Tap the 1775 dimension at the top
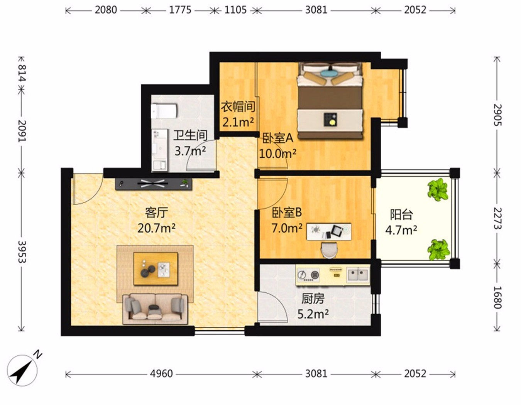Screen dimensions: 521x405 pyautogui.click(x=180, y=10)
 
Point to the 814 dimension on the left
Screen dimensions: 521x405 pyautogui.click(x=22, y=73)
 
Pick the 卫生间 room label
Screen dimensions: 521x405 pyautogui.click(x=190, y=135)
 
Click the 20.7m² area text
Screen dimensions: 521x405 pyautogui.click(x=156, y=228)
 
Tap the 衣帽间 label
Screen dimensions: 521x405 pyautogui.click(x=238, y=106)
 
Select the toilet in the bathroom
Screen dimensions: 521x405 pyautogui.click(x=164, y=111)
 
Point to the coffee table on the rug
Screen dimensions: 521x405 pyautogui.click(x=156, y=268)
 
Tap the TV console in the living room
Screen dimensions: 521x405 pyautogui.click(x=154, y=184)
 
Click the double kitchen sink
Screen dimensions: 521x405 pyautogui.click(x=358, y=275)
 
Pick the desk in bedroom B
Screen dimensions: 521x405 pyautogui.click(x=329, y=232)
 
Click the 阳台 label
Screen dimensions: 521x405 pyautogui.click(x=401, y=214)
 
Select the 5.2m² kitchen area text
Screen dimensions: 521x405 pyautogui.click(x=313, y=314)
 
